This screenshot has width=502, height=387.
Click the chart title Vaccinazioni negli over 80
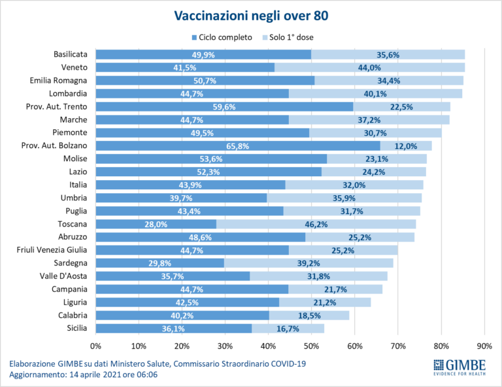point(250,14)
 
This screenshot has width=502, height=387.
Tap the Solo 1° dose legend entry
point(286,37)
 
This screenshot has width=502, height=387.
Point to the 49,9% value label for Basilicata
point(204,55)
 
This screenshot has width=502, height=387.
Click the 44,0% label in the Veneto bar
point(388,68)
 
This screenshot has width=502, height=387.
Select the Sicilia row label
point(76,328)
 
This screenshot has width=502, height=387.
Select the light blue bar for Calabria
point(309,315)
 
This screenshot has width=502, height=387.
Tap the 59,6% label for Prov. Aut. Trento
point(224,107)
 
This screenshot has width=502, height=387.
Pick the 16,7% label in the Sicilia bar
point(288,328)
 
